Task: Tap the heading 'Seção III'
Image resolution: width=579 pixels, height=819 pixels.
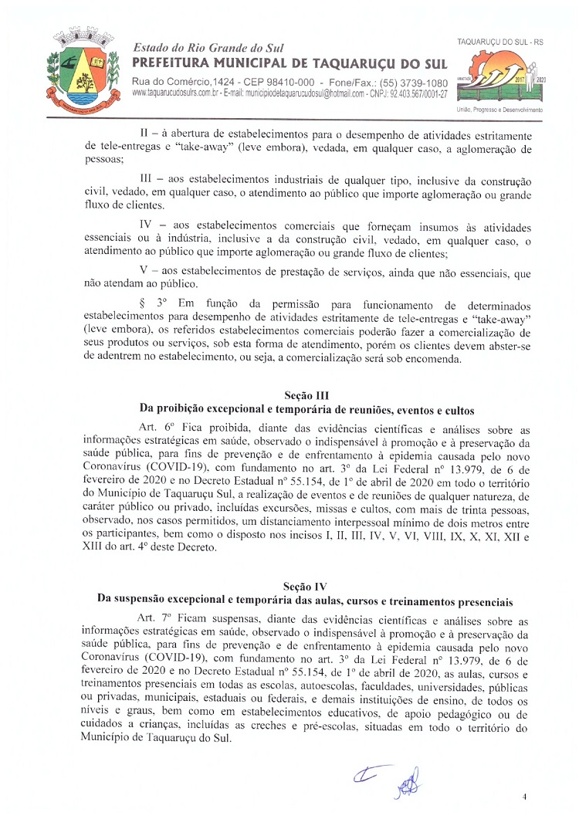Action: tap(306, 395)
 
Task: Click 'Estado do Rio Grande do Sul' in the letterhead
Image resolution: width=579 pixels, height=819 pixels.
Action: tap(208, 48)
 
